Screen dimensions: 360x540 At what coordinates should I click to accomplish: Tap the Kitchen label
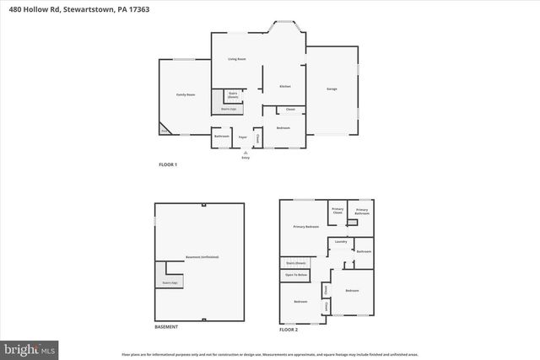pos(285,87)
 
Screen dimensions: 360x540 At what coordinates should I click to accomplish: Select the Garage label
pos(332,89)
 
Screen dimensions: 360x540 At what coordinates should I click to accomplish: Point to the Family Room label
pos(186,94)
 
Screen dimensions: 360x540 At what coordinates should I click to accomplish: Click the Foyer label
pos(242,137)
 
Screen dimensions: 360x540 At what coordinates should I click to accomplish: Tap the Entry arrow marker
pos(246,153)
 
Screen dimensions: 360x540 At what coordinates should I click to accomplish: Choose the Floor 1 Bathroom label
pos(222,136)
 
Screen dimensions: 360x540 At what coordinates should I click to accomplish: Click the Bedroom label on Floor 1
pos(283,128)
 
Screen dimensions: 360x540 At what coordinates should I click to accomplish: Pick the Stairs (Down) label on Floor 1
pos(233,94)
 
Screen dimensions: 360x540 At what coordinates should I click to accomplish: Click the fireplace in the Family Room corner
pos(165,130)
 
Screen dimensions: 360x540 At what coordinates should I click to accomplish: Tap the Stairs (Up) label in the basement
pos(170,283)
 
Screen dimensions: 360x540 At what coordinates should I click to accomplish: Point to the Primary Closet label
pos(337,211)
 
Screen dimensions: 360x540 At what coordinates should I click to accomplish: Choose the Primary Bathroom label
pos(362,211)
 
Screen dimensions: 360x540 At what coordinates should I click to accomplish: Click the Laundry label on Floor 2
pos(341,242)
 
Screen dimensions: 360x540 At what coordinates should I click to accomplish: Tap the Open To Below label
pos(295,275)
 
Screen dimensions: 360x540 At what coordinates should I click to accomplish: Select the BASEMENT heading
pos(165,326)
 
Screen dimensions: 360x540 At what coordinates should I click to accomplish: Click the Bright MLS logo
pos(30,347)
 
